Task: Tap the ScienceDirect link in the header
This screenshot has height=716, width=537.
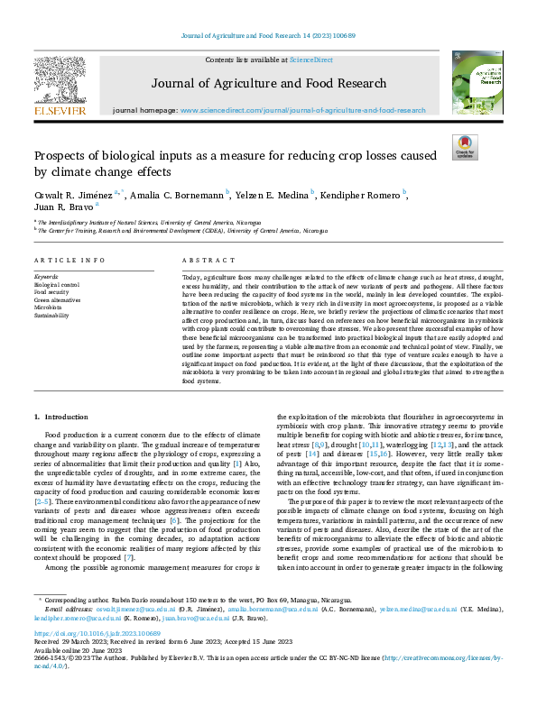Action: (x=310, y=60)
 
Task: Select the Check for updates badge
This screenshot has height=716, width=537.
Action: (x=464, y=148)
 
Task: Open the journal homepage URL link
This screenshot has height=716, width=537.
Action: (x=302, y=110)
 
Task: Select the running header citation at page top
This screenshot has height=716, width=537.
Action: (x=268, y=35)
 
